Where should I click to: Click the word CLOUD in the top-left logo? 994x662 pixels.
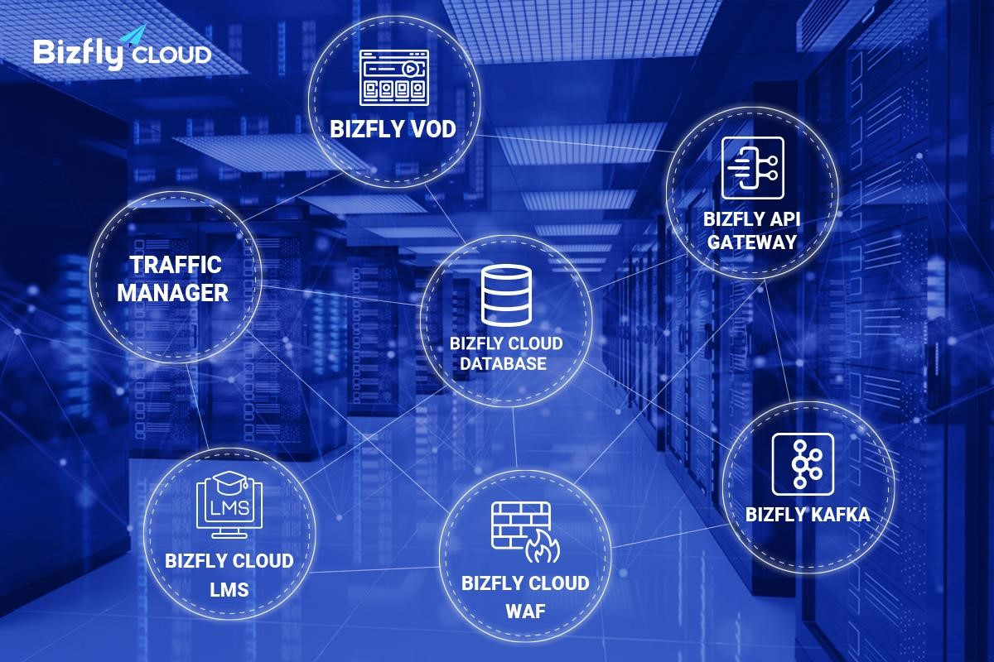point(171,55)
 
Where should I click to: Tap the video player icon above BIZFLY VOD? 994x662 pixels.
point(394,78)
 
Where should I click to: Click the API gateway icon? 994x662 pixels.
point(753,168)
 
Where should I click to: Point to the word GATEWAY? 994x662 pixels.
point(752,242)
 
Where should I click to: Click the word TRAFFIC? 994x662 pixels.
point(176,265)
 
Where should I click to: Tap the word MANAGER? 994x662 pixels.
point(172,293)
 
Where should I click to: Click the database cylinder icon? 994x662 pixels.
point(506,295)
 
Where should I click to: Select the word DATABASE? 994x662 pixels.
point(504,363)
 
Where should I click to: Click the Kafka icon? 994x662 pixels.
point(803,463)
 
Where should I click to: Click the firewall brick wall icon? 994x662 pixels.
point(520,525)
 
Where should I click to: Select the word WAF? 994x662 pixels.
point(525,612)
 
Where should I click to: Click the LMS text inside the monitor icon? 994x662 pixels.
point(229,508)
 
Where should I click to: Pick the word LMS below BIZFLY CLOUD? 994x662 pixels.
point(229,590)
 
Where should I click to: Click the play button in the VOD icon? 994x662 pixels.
point(409,69)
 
